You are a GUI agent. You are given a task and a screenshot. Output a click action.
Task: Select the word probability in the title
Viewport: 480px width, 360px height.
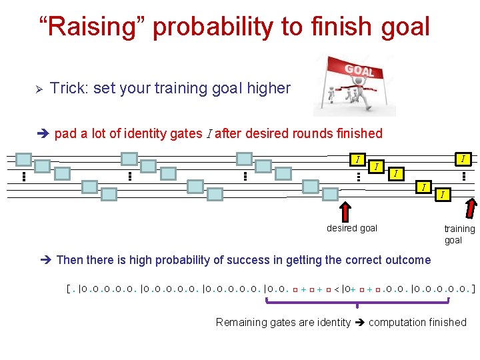point(211,28)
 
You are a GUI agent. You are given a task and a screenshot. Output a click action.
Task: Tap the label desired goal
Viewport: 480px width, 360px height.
point(351,228)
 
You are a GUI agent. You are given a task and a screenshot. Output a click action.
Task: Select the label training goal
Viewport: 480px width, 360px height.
point(459,234)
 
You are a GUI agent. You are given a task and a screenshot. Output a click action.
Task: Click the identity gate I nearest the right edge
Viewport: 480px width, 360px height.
point(463,159)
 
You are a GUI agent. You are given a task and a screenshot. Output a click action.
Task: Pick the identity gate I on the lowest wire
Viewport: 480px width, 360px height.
point(442,195)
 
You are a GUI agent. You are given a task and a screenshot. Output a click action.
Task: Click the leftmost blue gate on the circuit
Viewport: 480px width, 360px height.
point(24,159)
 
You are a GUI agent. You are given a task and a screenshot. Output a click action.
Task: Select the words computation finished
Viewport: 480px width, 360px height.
point(417,322)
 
